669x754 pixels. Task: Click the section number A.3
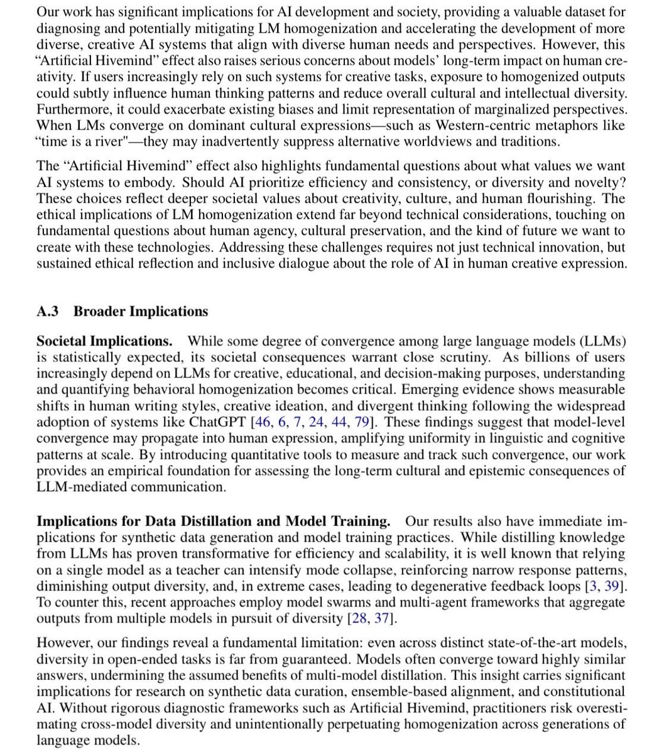pyautogui.click(x=48, y=312)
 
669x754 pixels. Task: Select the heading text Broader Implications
pyautogui.click(x=141, y=312)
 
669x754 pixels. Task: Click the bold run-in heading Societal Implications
pyautogui.click(x=104, y=341)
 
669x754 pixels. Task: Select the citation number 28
pyautogui.click(x=360, y=619)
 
